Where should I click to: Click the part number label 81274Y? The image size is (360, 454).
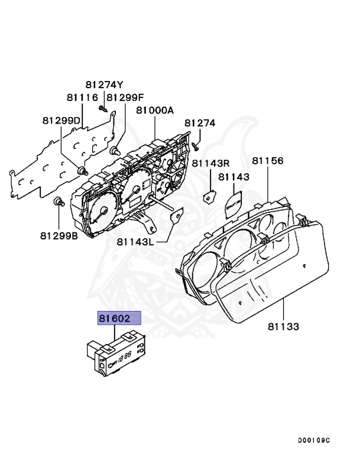104,85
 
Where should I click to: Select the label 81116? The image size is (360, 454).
82,97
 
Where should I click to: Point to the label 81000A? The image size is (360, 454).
155,111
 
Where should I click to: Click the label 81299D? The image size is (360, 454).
61,120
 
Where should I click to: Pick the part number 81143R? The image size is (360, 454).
210,163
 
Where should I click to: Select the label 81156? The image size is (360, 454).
268,161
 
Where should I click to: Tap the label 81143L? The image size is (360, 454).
136,241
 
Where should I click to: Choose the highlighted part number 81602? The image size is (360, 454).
119,319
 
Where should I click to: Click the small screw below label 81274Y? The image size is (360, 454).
103,108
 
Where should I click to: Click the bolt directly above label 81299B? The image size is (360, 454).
59,203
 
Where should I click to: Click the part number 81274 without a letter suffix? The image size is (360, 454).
200,123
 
